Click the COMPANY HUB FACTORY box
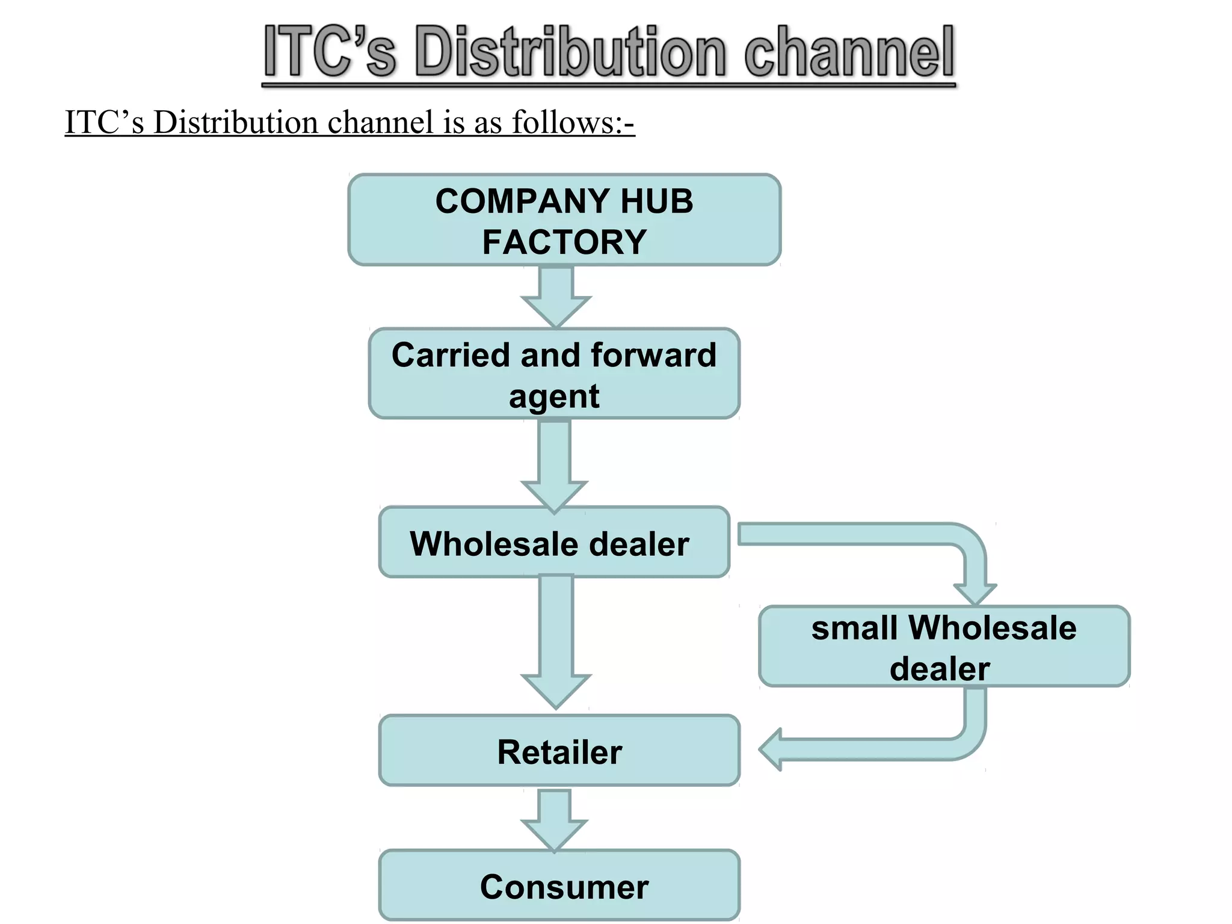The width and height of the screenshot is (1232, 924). coord(564,220)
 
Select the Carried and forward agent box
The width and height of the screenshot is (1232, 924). coord(554,374)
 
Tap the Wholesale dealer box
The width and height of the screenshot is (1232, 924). coord(554,543)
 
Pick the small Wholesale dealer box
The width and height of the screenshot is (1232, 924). coord(944,647)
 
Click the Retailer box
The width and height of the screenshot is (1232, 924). coord(559,751)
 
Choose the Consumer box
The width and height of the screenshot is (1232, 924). coord(559,885)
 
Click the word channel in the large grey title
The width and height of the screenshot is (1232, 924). coord(849,53)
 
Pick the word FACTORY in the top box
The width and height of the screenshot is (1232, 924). coord(564,242)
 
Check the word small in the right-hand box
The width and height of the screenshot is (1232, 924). coord(855,628)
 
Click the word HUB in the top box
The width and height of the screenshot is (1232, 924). coord(656,201)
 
